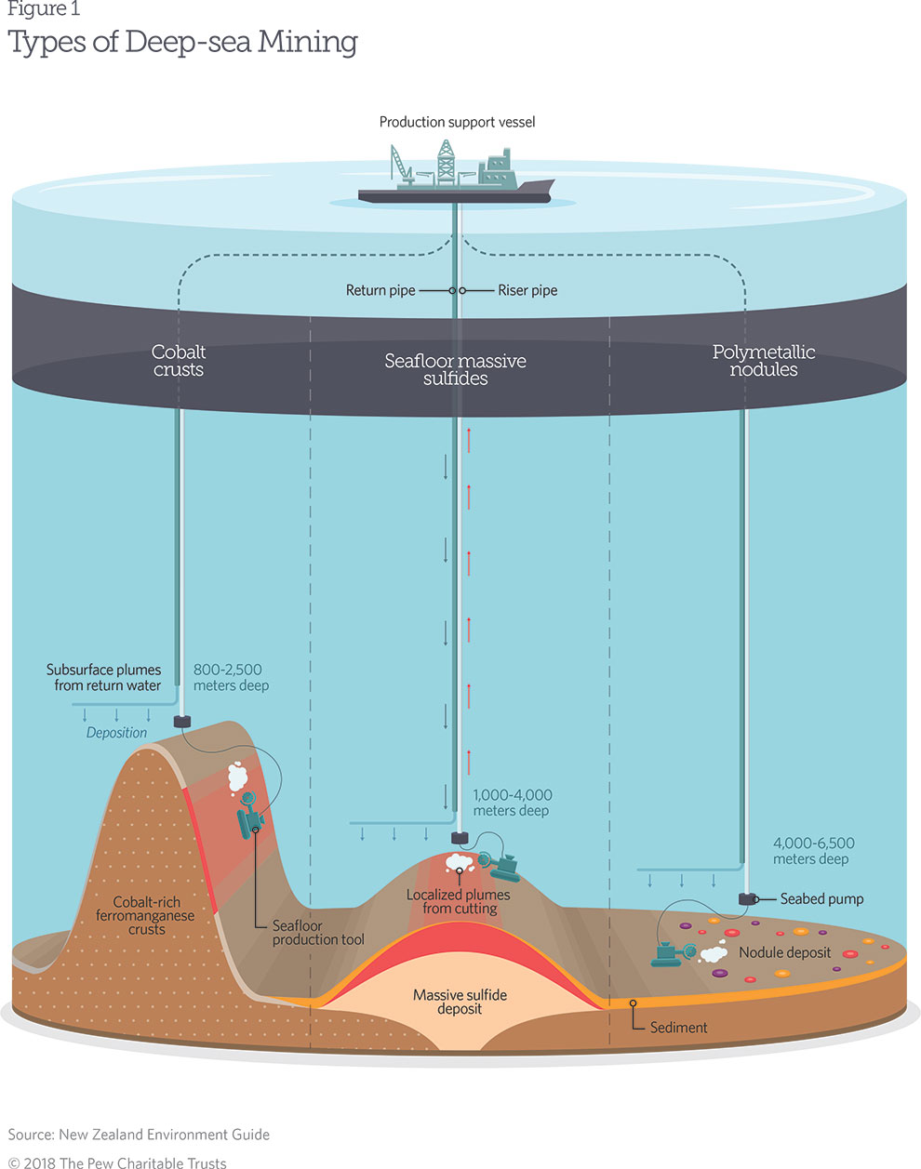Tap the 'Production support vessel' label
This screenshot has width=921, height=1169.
coord(457,122)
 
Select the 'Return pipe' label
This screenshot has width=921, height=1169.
coord(380,290)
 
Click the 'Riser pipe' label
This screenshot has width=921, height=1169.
coord(527,290)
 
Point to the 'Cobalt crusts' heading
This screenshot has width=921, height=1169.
coord(179,361)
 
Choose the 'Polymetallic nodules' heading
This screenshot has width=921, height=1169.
coord(764,361)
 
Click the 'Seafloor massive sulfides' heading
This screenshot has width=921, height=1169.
coord(455,369)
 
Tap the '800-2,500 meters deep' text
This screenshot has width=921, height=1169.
coord(231,677)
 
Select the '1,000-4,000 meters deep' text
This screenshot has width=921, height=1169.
coord(512,803)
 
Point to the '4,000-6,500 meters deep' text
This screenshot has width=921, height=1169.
coord(813,851)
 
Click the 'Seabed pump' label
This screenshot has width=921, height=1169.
coord(821,898)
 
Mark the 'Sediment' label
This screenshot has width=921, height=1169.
coord(678,1028)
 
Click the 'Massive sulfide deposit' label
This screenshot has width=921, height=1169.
coord(460,1002)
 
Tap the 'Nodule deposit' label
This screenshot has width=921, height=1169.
coord(784,952)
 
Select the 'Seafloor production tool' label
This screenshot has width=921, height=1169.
coord(318,933)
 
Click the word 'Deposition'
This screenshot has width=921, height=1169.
coord(116,733)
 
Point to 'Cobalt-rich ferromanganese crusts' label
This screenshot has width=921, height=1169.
coord(147,915)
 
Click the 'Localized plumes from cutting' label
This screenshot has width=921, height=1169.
coord(459,901)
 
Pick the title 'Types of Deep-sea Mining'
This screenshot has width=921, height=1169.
coord(182,42)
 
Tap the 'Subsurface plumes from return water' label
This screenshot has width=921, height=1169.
coord(104,677)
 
